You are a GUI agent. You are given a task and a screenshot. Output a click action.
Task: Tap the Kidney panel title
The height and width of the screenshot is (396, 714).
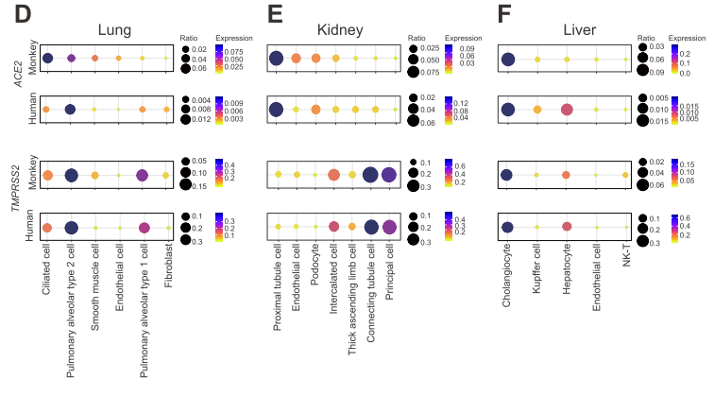coord(340,29)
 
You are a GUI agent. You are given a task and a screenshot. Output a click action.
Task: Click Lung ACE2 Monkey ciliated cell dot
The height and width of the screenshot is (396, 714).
coord(46,59)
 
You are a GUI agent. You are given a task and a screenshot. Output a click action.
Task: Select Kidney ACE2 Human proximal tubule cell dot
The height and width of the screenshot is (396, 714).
coord(276,110)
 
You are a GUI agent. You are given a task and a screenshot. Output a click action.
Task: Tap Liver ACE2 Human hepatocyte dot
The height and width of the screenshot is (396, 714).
coord(567,110)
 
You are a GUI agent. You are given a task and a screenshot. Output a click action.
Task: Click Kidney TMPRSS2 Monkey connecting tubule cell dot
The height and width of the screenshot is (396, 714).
coord(370,174)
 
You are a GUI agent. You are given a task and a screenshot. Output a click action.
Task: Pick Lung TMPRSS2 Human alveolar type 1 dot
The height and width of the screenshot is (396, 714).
coord(144,227)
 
